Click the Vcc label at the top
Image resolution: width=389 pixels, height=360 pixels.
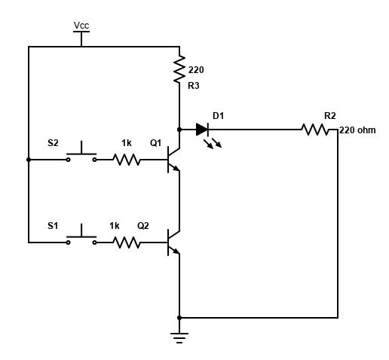tap(81, 26)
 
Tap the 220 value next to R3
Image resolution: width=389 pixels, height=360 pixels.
tap(196, 69)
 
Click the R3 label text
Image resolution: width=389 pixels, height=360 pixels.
tap(194, 86)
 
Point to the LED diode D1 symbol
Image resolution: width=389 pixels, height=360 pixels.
tap(202, 130)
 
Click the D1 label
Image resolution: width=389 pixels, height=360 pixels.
tap(218, 115)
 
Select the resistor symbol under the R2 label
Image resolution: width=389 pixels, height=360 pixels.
tap(315, 130)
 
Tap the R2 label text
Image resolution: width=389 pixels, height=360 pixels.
tap(329, 115)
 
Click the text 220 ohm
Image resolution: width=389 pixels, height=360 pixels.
tap(357, 130)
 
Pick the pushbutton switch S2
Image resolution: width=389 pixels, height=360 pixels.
tap(81, 157)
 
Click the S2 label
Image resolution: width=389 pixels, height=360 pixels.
tap(53, 142)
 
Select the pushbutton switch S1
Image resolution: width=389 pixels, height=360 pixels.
tap(81, 239)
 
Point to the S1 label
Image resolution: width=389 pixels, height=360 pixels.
tap(53, 225)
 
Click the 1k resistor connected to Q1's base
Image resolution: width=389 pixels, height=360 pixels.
tap(127, 160)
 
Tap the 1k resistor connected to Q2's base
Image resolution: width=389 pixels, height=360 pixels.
tap(127, 243)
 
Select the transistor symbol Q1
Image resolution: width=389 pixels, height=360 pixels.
tap(173, 160)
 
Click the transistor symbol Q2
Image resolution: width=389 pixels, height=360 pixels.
tap(173, 243)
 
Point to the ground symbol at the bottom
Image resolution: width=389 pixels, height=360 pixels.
tap(179, 335)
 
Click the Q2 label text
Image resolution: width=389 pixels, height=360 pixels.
tap(143, 225)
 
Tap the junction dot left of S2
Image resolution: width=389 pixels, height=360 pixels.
tap(29, 160)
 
